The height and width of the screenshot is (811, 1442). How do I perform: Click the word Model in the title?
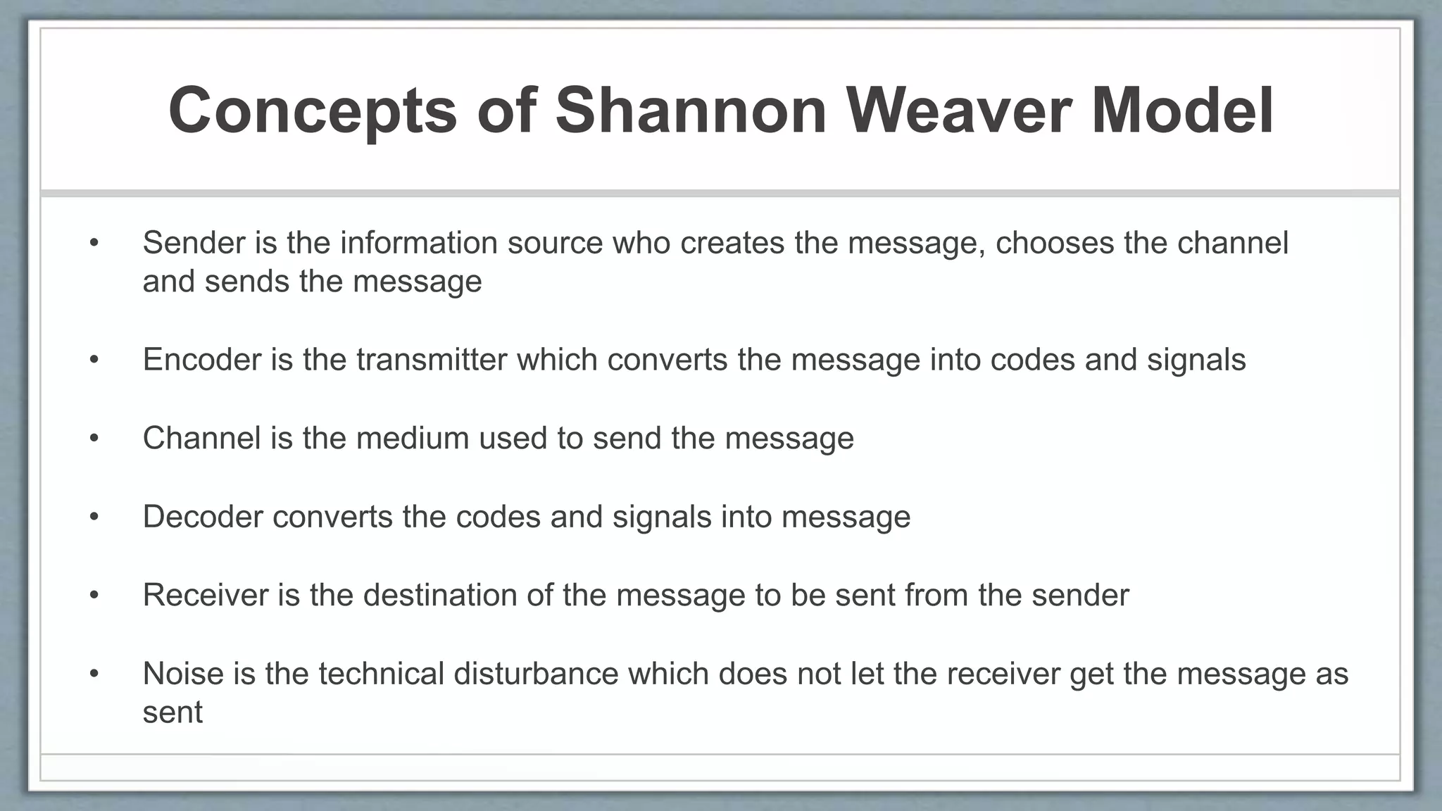[1182, 111]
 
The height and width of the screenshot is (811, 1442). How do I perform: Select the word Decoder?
[203, 517]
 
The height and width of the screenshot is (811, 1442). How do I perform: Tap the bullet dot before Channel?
[94, 439]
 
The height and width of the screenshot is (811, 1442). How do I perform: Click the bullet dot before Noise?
[94, 674]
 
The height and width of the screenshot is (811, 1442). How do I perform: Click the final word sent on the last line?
[173, 712]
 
